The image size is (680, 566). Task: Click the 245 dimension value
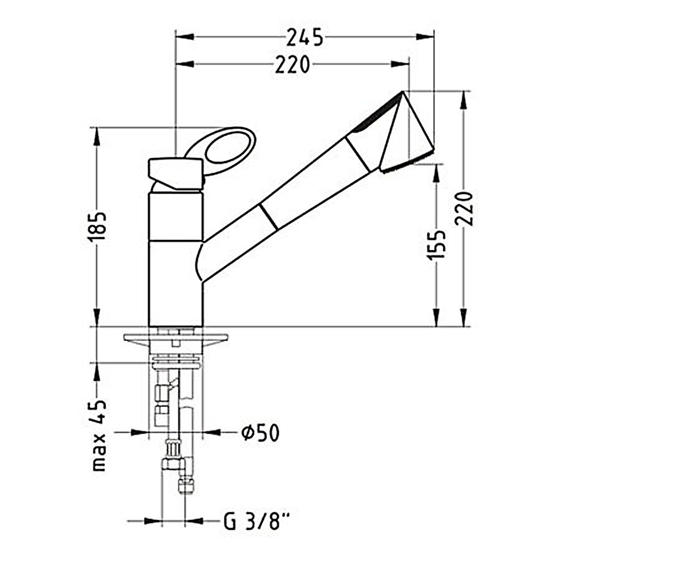[304, 37]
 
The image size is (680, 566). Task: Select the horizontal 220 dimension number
[292, 65]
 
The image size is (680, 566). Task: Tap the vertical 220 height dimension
[464, 208]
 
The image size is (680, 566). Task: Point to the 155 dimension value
[436, 245]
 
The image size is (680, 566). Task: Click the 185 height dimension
[97, 226]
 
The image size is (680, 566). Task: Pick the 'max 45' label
[99, 435]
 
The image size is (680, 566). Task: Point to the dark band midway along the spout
[269, 217]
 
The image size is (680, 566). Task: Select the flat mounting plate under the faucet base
[176, 338]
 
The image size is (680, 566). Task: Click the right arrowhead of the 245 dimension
[425, 37]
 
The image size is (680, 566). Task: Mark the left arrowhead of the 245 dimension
[185, 37]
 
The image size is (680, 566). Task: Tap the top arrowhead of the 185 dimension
[97, 136]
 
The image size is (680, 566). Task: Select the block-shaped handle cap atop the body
[176, 174]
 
